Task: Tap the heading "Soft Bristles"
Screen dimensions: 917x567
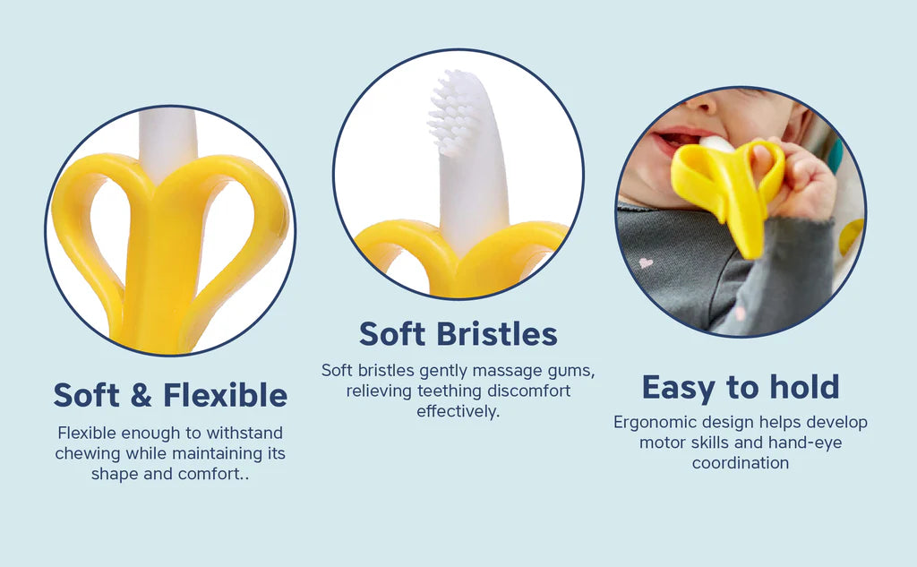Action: click(458, 333)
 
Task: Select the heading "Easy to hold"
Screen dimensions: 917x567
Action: click(741, 387)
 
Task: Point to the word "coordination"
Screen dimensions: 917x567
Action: click(741, 463)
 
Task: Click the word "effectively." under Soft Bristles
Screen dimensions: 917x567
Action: click(458, 411)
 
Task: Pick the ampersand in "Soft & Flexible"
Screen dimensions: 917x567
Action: click(141, 395)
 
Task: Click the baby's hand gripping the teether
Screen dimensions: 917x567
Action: click(798, 178)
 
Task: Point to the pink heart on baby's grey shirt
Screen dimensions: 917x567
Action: click(646, 262)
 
